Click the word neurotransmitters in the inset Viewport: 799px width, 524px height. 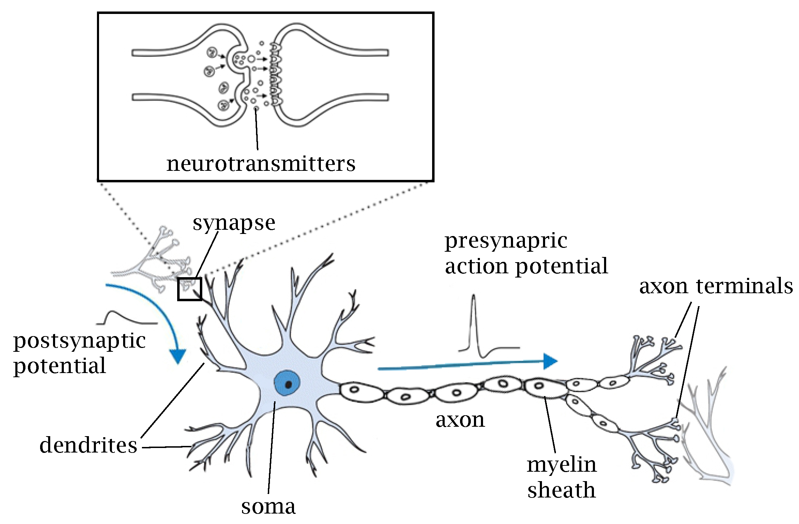pyautogui.click(x=261, y=164)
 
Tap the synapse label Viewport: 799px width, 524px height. pyautogui.click(x=234, y=223)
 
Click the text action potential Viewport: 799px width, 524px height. pyautogui.click(x=526, y=266)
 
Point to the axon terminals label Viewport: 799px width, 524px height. pyautogui.click(x=716, y=286)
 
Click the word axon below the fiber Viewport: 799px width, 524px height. pyautogui.click(x=460, y=420)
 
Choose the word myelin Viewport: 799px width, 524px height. pyautogui.click(x=561, y=465)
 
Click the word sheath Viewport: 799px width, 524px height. pyautogui.click(x=561, y=490)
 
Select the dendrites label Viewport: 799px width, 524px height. pyautogui.click(x=88, y=446)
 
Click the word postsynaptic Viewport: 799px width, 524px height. pyautogui.click(x=80, y=341)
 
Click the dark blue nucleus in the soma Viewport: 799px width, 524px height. pyautogui.click(x=287, y=383)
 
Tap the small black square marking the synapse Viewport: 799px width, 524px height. pyautogui.click(x=190, y=289)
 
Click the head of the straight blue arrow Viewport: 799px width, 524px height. pyautogui.click(x=550, y=362)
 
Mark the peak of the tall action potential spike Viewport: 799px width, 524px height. pyautogui.click(x=473, y=296)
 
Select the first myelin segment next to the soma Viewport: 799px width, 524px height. pyautogui.click(x=361, y=392)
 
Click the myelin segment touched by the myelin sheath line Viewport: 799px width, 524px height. pyautogui.click(x=544, y=387)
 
